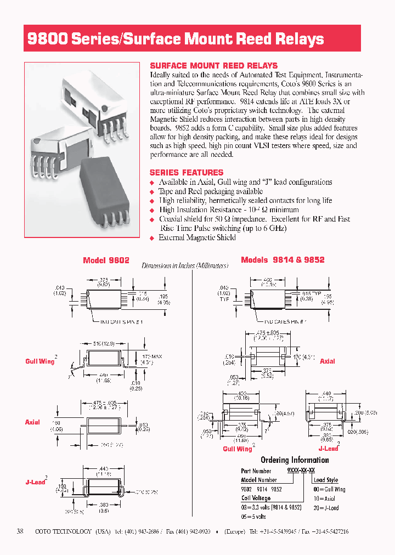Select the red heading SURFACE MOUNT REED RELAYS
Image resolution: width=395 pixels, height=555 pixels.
pyautogui.click(x=213, y=65)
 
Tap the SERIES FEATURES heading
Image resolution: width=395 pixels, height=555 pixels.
pyautogui.click(x=186, y=172)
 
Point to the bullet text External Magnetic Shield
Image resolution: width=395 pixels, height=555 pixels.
pyautogui.click(x=197, y=237)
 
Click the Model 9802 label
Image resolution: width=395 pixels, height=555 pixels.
pyautogui.click(x=106, y=260)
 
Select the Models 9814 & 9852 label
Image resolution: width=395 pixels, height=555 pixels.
pyautogui.click(x=283, y=259)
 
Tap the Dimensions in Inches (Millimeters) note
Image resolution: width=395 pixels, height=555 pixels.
pyautogui.click(x=184, y=265)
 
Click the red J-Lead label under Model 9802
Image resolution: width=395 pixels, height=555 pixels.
pyautogui.click(x=35, y=482)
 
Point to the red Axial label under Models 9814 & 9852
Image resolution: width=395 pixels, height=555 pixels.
pyautogui.click(x=327, y=361)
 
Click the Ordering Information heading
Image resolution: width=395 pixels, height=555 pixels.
pyautogui.click(x=295, y=460)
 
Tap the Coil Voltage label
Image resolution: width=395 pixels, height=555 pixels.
pyautogui.click(x=256, y=498)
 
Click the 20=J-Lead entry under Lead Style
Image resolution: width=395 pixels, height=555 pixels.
pyautogui.click(x=326, y=507)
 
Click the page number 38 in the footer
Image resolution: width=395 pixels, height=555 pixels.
pyautogui.click(x=21, y=531)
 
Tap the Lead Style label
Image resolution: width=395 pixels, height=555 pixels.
pyautogui.click(x=326, y=480)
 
